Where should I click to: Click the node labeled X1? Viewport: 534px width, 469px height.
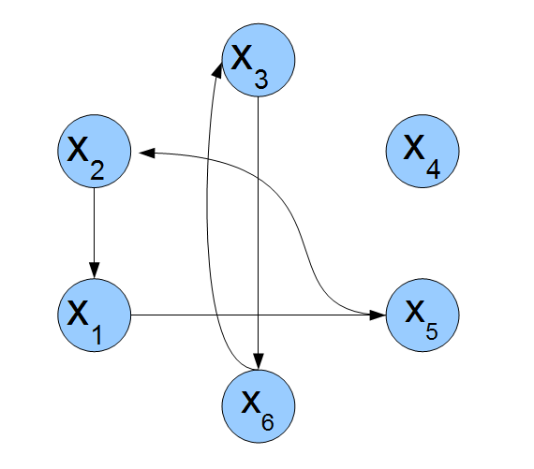tap(94, 315)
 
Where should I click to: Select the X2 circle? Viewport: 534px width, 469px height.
tap(94, 151)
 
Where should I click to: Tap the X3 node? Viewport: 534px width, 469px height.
tap(259, 60)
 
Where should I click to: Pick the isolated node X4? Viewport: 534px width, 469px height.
tap(423, 151)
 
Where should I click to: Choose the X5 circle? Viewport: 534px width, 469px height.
tap(423, 315)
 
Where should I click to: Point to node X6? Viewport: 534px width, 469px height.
tap(259, 406)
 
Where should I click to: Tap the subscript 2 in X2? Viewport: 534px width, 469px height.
tap(97, 169)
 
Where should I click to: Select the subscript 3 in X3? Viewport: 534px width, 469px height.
tap(261, 80)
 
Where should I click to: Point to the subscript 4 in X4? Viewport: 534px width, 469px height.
tap(433, 169)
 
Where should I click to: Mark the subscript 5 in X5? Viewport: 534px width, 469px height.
tap(432, 330)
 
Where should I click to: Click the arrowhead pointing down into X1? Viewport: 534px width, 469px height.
tap(95, 271)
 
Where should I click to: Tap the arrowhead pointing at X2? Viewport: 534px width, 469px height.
tap(147, 153)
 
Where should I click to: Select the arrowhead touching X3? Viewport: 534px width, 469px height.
tap(217, 69)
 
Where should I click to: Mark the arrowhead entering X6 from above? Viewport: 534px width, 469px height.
tap(259, 361)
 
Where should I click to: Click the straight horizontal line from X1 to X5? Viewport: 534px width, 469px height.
tap(259, 315)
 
